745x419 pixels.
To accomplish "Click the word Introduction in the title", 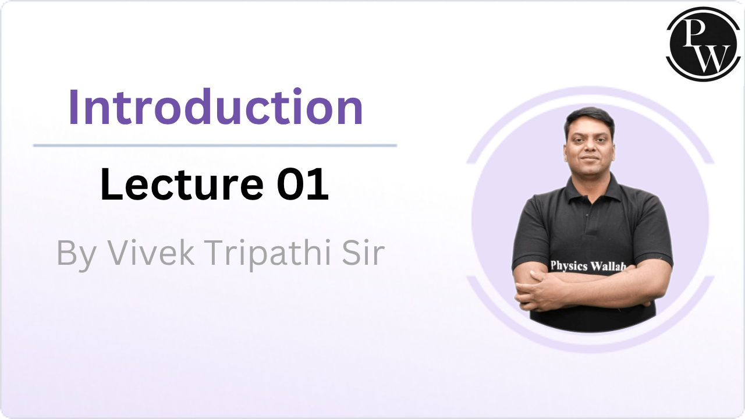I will [x=216, y=108].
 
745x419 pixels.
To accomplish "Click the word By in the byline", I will [x=76, y=254].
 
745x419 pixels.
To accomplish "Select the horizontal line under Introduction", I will [x=215, y=145].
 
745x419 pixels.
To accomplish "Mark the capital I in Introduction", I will [x=73, y=108].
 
